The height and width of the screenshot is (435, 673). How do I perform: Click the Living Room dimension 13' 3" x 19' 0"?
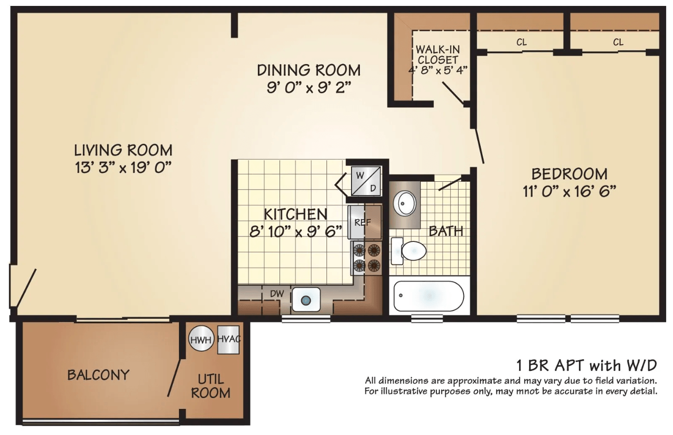[123, 167]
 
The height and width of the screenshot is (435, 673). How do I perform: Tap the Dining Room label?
[309, 70]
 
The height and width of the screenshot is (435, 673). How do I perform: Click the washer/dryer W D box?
[366, 181]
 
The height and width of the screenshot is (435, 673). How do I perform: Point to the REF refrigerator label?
[363, 223]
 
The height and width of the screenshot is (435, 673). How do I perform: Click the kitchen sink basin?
[306, 300]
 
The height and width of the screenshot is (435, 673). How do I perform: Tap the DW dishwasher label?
[277, 294]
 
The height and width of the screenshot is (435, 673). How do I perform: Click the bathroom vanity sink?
[404, 203]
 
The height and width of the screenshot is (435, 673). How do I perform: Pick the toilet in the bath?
[408, 251]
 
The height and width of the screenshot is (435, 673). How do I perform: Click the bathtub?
[429, 296]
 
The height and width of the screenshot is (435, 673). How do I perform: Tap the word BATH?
[446, 231]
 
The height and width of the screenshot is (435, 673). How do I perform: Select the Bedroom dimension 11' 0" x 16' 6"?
[569, 191]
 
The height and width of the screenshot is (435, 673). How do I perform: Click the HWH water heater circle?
[201, 338]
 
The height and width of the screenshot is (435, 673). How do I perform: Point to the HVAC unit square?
[229, 340]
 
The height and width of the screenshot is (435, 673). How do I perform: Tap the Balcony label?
[98, 375]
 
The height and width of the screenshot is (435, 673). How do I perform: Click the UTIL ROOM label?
[211, 386]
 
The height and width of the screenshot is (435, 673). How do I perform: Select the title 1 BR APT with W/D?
[586, 366]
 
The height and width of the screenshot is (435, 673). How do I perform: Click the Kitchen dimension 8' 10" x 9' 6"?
[296, 232]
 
